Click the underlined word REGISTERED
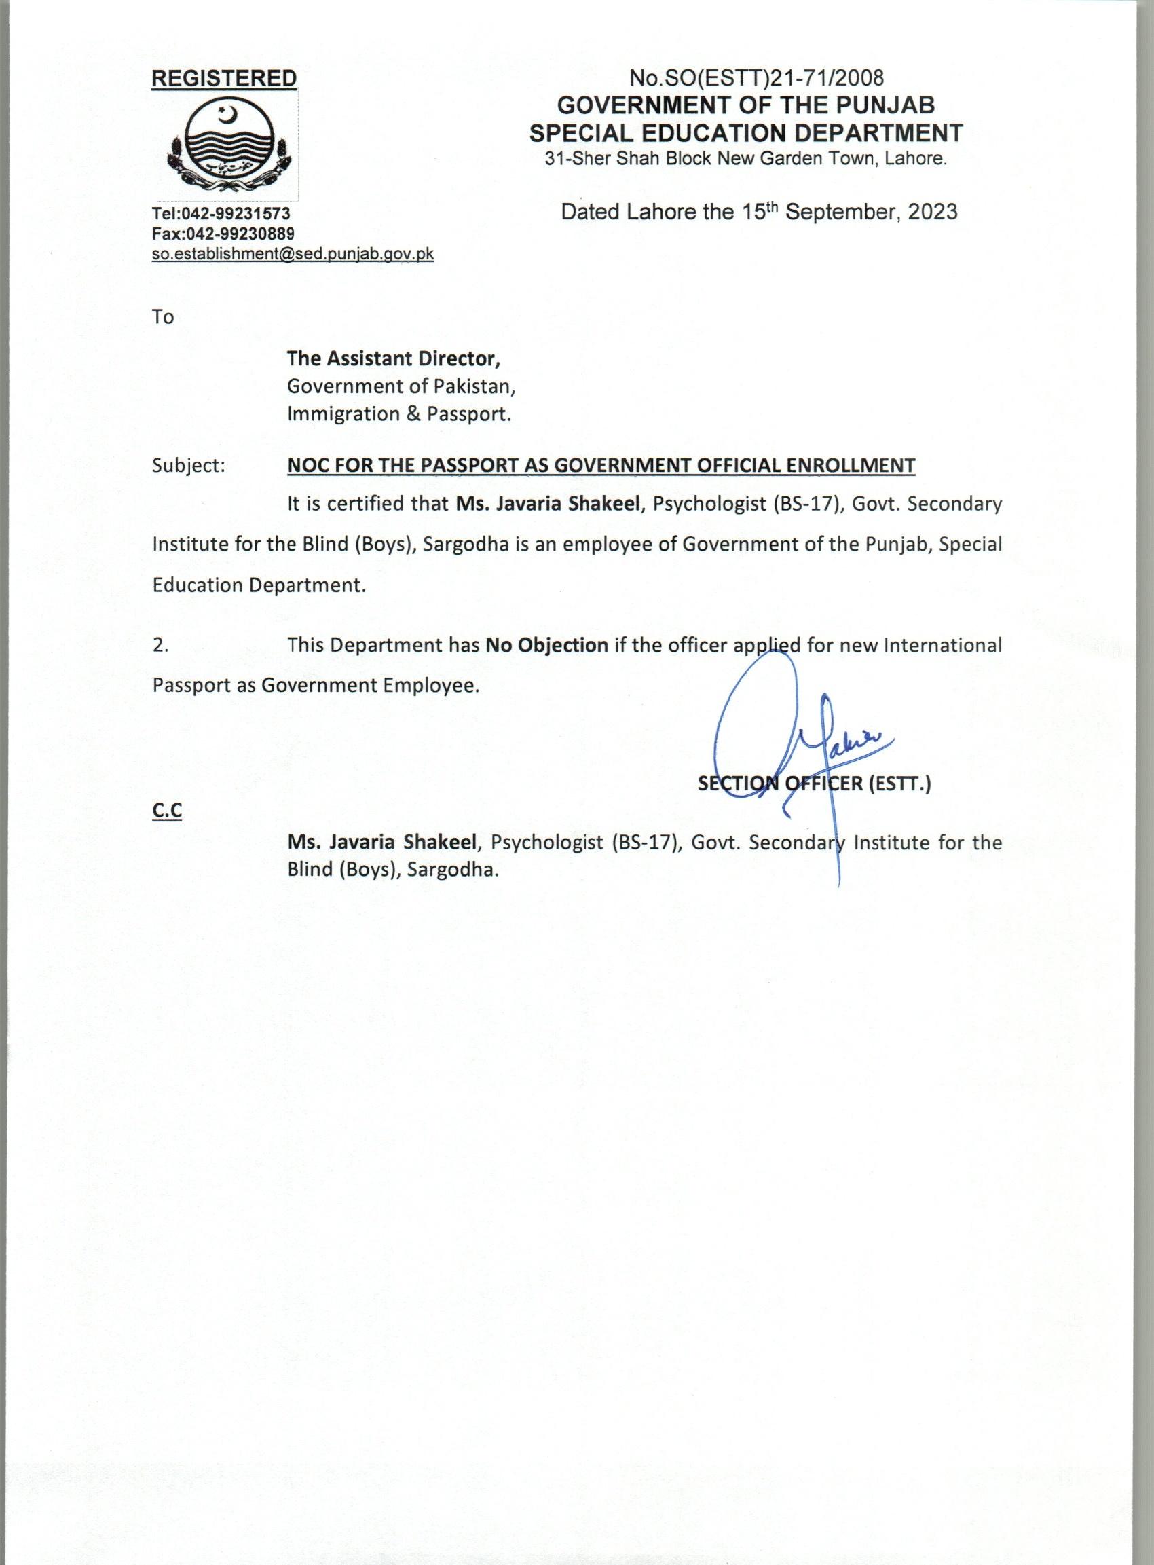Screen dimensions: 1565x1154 coord(224,79)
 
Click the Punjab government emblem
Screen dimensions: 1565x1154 coord(229,145)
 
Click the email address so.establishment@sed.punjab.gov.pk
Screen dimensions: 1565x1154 coord(293,255)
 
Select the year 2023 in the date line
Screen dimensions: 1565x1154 coord(933,212)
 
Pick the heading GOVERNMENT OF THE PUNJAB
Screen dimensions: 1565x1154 coord(745,105)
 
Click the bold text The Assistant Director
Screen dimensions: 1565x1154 coord(393,358)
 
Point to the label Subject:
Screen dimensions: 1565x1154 coord(189,465)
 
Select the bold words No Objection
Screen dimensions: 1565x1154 coord(547,644)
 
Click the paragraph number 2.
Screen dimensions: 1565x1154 coord(160,645)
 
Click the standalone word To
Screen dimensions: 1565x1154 coord(163,317)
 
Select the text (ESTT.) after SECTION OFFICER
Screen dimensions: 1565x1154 coord(900,785)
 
